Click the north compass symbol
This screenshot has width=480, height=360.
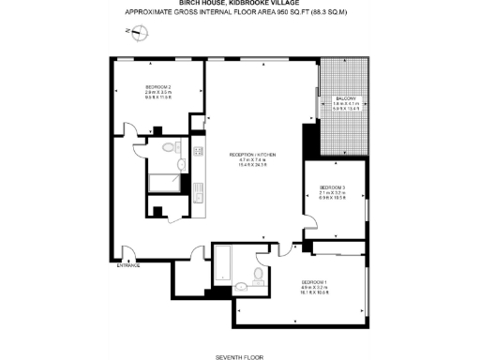point(139,35)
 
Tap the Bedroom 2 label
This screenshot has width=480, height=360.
point(157,87)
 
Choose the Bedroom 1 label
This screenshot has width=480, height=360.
point(313,281)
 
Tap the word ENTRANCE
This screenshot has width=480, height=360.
point(128,265)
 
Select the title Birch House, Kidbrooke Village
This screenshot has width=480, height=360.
point(240,4)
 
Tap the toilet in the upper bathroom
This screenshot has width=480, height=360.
point(170,149)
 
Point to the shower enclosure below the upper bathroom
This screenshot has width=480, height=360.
point(165,186)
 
